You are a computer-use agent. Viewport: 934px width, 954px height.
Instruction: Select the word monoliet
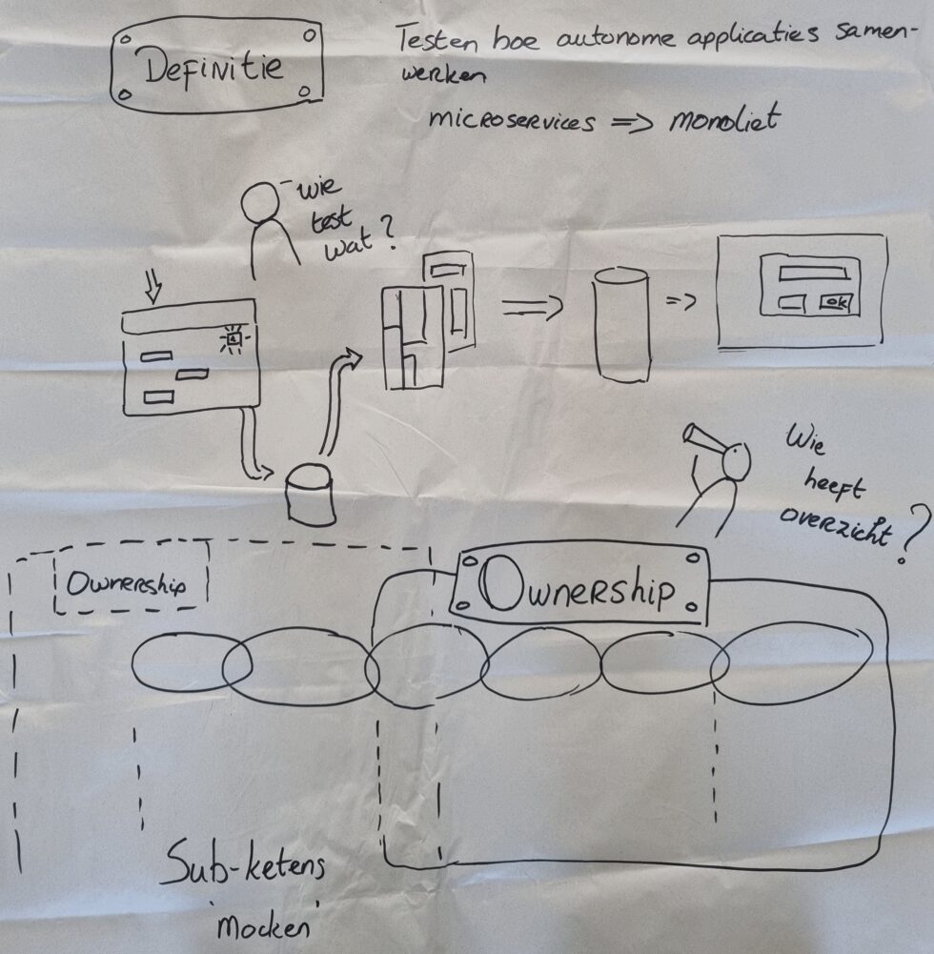(x=723, y=122)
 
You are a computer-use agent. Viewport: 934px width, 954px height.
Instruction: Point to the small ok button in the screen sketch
(x=837, y=303)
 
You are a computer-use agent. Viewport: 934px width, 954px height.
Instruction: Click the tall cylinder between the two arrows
(x=621, y=324)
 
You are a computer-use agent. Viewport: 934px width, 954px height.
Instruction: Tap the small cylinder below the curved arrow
(x=311, y=495)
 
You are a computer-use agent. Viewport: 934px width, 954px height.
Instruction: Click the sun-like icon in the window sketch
(x=233, y=336)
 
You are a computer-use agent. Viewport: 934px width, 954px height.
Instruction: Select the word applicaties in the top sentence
(x=741, y=39)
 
